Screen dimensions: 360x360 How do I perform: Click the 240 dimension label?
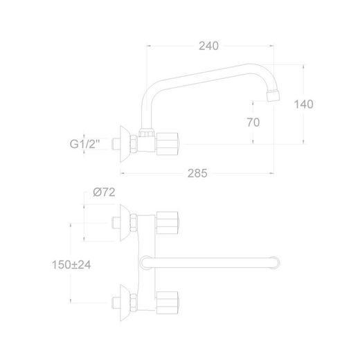click(x=208, y=46)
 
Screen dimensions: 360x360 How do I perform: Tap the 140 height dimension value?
click(x=303, y=105)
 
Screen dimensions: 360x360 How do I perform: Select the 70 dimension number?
click(x=253, y=123)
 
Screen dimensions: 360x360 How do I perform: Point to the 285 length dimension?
click(x=197, y=173)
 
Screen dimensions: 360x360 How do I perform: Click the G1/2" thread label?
click(x=84, y=144)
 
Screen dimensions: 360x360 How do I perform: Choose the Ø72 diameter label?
click(x=104, y=192)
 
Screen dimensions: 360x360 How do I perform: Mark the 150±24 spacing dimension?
click(x=71, y=264)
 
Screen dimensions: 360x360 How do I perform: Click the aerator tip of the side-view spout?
click(x=273, y=96)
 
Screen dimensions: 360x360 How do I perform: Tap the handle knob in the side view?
click(x=168, y=144)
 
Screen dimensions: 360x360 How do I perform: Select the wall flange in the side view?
click(x=125, y=144)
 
